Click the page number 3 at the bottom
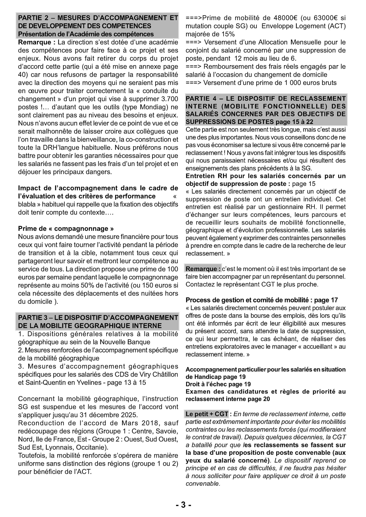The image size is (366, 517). coord(183,505)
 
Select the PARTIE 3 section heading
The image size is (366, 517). coord(98,321)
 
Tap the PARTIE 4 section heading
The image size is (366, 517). coord(266,110)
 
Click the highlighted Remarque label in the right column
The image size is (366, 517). coord(203,269)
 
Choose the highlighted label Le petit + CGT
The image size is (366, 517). coord(207,414)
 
